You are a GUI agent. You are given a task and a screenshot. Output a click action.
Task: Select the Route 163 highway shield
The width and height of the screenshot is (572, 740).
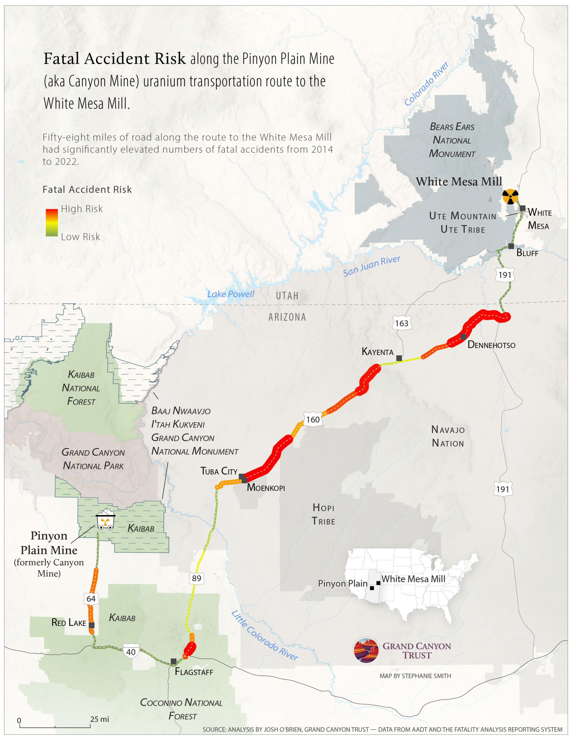(x=402, y=323)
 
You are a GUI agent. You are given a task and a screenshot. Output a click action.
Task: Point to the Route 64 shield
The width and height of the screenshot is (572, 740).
(x=91, y=598)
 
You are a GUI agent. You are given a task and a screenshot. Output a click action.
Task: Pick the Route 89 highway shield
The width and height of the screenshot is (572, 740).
(x=196, y=578)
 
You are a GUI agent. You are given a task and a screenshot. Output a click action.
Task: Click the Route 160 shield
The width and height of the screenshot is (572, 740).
(x=312, y=419)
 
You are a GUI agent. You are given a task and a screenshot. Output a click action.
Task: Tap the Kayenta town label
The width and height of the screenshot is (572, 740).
(x=377, y=352)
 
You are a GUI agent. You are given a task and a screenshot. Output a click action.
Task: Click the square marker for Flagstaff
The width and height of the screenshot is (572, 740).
(x=174, y=661)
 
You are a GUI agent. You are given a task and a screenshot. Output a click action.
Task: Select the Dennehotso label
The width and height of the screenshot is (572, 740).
(x=491, y=345)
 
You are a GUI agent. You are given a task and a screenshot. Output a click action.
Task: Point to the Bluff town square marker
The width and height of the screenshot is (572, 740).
(x=511, y=246)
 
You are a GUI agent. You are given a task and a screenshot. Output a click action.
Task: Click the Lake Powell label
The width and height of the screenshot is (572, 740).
(x=230, y=294)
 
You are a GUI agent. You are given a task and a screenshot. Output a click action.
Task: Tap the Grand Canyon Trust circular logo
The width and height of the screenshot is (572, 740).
(x=366, y=650)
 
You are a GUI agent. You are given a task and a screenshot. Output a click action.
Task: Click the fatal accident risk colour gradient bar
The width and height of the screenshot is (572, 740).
(x=51, y=222)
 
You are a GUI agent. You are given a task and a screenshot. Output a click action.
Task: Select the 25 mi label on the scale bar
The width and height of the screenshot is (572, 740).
(x=100, y=719)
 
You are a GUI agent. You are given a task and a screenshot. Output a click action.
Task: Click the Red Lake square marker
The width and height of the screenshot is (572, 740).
(x=92, y=625)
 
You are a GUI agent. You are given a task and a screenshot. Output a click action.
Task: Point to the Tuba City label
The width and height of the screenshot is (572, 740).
(x=219, y=471)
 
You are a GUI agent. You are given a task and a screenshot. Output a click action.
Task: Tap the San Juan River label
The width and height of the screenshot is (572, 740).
(x=371, y=266)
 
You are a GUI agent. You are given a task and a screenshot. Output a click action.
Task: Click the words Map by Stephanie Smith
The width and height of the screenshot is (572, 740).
(x=415, y=676)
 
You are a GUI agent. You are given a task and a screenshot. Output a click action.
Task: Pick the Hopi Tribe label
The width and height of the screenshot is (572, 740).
(x=323, y=514)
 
